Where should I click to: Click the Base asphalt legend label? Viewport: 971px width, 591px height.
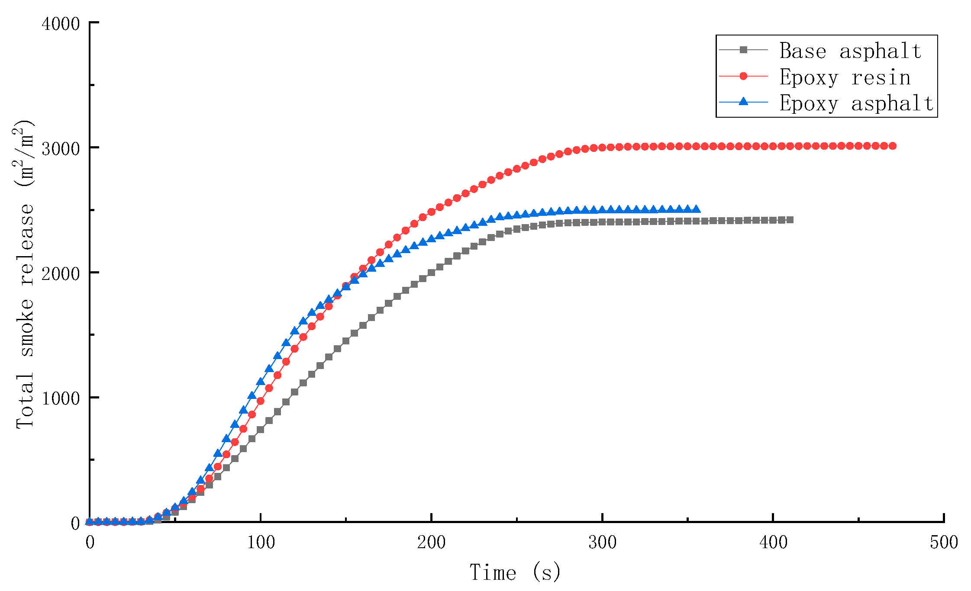point(850,51)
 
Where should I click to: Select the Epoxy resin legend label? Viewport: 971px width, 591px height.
point(845,77)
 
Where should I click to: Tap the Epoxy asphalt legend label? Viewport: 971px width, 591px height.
point(856,103)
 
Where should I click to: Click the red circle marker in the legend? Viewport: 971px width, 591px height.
point(743,76)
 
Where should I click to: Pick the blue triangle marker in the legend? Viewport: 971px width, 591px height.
point(743,102)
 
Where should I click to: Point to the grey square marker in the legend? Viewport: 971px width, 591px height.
point(743,50)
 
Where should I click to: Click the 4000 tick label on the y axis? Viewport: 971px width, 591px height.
point(61,23)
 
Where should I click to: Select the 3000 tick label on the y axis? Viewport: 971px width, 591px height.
point(61,148)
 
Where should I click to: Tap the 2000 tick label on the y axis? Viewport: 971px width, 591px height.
point(61,273)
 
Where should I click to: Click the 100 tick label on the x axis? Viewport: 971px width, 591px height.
point(261,542)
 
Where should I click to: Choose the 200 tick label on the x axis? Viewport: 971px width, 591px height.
point(432,542)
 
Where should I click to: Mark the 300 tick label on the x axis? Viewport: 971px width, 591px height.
point(602,542)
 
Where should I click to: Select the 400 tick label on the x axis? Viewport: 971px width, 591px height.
point(773,542)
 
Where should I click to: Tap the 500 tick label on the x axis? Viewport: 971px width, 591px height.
point(944,542)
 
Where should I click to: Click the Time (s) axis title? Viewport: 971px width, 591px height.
point(515,572)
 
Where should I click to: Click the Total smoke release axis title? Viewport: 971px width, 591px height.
point(24,273)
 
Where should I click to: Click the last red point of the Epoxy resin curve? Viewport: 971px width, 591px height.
point(892,146)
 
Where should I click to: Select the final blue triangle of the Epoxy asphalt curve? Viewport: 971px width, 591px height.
point(696,209)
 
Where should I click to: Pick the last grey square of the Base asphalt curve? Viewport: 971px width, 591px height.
point(790,220)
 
